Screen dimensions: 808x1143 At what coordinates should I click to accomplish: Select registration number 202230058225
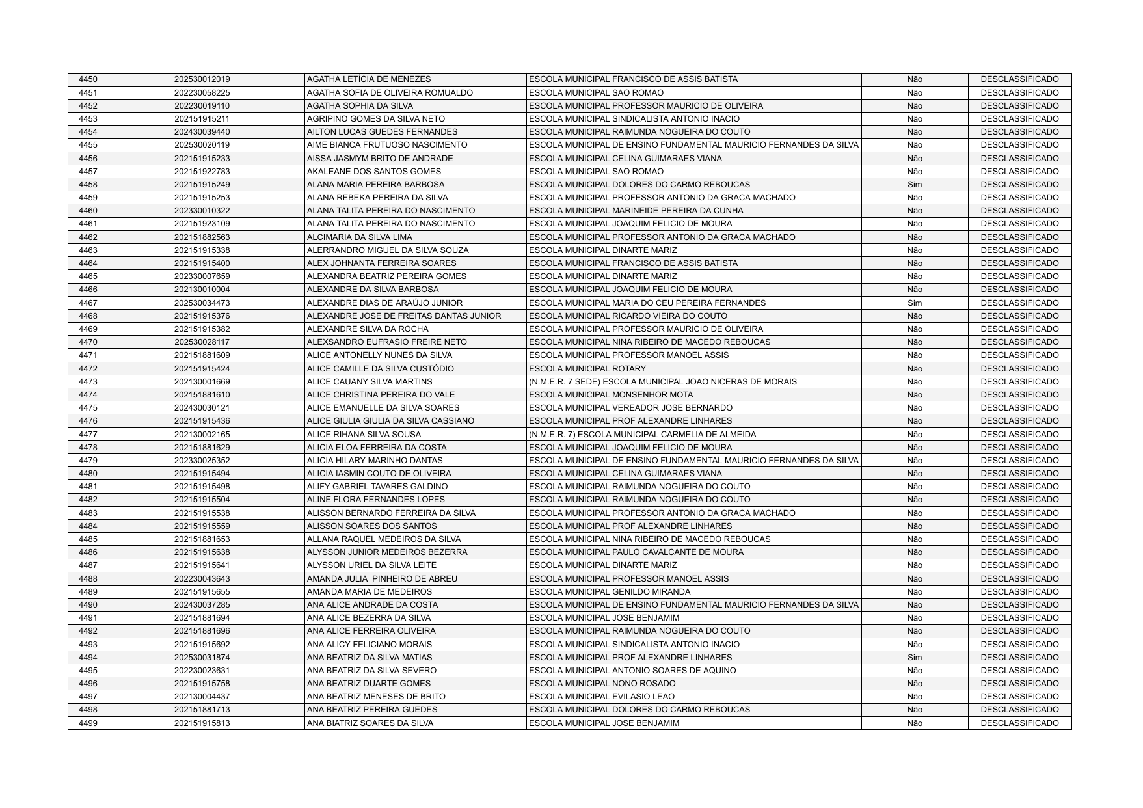[202, 93]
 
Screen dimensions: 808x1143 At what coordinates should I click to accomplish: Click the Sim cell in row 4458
[914, 185]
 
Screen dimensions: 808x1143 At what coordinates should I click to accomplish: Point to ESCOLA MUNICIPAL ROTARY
[587, 369]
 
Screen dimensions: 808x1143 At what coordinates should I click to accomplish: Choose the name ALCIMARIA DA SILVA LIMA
[359, 237]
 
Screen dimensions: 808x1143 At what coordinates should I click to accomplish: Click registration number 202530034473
[202, 303]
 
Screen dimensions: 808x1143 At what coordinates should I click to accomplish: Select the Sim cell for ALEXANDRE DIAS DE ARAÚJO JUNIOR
[914, 303]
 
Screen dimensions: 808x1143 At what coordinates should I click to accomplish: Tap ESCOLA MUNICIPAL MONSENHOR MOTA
[611, 395]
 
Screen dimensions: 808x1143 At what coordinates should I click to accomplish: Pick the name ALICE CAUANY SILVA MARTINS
[369, 382]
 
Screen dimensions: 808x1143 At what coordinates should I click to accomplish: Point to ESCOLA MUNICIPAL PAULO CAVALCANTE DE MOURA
[636, 552]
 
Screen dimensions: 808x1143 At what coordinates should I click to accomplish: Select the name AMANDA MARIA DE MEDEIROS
[369, 592]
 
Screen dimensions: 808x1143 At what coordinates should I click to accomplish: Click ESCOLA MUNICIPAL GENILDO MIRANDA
[610, 592]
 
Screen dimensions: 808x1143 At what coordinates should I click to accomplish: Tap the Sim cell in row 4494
[914, 658]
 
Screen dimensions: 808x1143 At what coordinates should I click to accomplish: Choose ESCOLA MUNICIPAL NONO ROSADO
[602, 684]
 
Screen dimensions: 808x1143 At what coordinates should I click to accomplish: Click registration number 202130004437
[202, 697]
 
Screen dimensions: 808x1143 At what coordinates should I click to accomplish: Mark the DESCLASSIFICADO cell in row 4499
[1019, 723]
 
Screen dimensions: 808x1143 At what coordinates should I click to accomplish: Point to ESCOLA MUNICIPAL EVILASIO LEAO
[602, 697]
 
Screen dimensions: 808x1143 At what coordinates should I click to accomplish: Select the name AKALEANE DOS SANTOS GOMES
[373, 172]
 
